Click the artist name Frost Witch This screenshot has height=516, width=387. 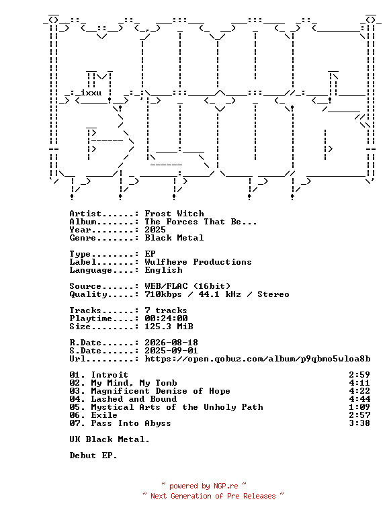pyautogui.click(x=175, y=214)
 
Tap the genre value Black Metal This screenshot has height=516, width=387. pyautogui.click(x=174, y=238)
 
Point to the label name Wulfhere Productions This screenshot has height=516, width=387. pyautogui.click(x=198, y=262)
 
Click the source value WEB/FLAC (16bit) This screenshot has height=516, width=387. pyautogui.click(x=187, y=286)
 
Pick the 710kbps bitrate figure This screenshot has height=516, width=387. pyautogui.click(x=163, y=294)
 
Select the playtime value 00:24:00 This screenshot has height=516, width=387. pyautogui.click(x=166, y=318)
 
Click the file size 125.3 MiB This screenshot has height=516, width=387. pyautogui.click(x=169, y=327)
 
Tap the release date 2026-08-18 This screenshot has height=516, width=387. pyautogui.click(x=171, y=343)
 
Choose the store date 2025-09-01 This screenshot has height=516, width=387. pyautogui.click(x=171, y=351)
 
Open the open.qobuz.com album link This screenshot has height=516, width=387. pyautogui.click(x=258, y=359)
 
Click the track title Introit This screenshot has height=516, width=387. pyautogui.click(x=110, y=375)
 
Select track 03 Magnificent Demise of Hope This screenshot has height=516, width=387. pyautogui.click(x=150, y=391)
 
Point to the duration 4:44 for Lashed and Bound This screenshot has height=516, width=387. pyautogui.click(x=359, y=399)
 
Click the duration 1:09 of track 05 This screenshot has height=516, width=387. pyautogui.click(x=359, y=407)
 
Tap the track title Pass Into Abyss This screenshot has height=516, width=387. pyautogui.click(x=131, y=423)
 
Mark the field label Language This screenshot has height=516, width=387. pyautogui.click(x=91, y=270)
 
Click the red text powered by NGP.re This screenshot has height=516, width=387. pyautogui.click(x=204, y=486)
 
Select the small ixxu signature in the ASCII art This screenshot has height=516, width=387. pyautogui.click(x=91, y=93)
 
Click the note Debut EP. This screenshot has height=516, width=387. pyautogui.click(x=93, y=456)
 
